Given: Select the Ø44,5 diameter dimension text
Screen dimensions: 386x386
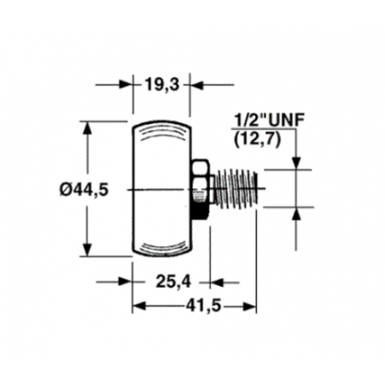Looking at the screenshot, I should (85, 190).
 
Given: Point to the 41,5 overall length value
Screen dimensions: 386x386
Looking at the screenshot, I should (195, 305).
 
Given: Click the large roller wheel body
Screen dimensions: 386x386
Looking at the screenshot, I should (161, 189).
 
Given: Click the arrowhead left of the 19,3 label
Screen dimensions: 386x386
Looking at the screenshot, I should (126, 85).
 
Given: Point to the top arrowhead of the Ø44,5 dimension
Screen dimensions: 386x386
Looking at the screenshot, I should (86, 128).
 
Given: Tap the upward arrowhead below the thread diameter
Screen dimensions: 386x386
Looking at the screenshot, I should (297, 213).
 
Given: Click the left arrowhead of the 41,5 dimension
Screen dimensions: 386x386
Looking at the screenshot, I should (137, 306).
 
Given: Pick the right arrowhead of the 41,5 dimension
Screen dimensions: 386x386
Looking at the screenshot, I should (251, 306).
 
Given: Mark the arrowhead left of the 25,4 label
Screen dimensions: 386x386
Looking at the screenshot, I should (126, 279).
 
